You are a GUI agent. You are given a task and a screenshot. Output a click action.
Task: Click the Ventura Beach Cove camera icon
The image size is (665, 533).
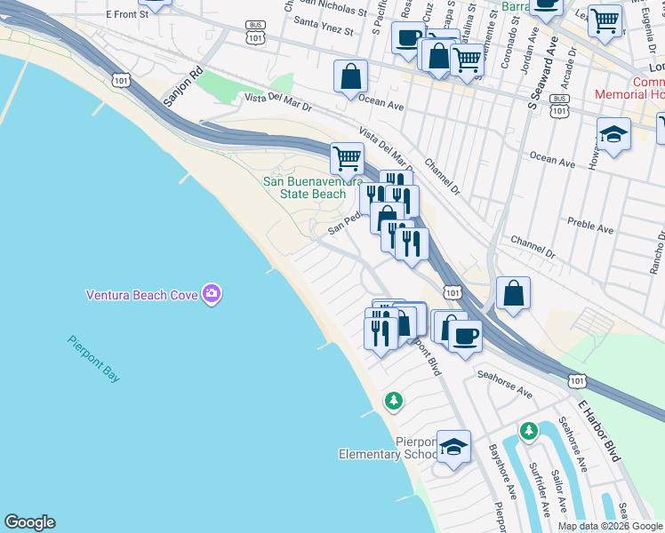click(x=211, y=293)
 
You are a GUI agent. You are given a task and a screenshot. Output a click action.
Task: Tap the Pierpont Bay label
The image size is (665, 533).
click(x=92, y=359)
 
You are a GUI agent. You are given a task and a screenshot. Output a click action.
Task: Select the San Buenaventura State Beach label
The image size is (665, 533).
click(x=304, y=187)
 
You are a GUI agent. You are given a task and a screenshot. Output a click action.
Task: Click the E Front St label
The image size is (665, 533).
click(x=126, y=14)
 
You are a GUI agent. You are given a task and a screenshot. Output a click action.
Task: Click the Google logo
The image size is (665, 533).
click(x=29, y=522)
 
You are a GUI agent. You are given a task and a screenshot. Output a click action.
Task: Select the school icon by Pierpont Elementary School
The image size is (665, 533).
click(x=454, y=449)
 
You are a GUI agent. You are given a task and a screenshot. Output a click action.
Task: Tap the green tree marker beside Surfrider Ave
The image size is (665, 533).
click(x=529, y=432)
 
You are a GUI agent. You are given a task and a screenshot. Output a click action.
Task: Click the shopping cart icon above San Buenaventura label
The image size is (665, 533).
click(x=347, y=159)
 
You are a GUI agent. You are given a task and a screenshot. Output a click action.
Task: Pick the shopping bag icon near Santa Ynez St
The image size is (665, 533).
click(x=351, y=76)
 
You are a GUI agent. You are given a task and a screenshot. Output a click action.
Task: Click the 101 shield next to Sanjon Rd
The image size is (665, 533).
click(x=121, y=80)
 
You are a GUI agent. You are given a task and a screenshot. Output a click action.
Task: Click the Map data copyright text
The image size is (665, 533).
click(x=611, y=526)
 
